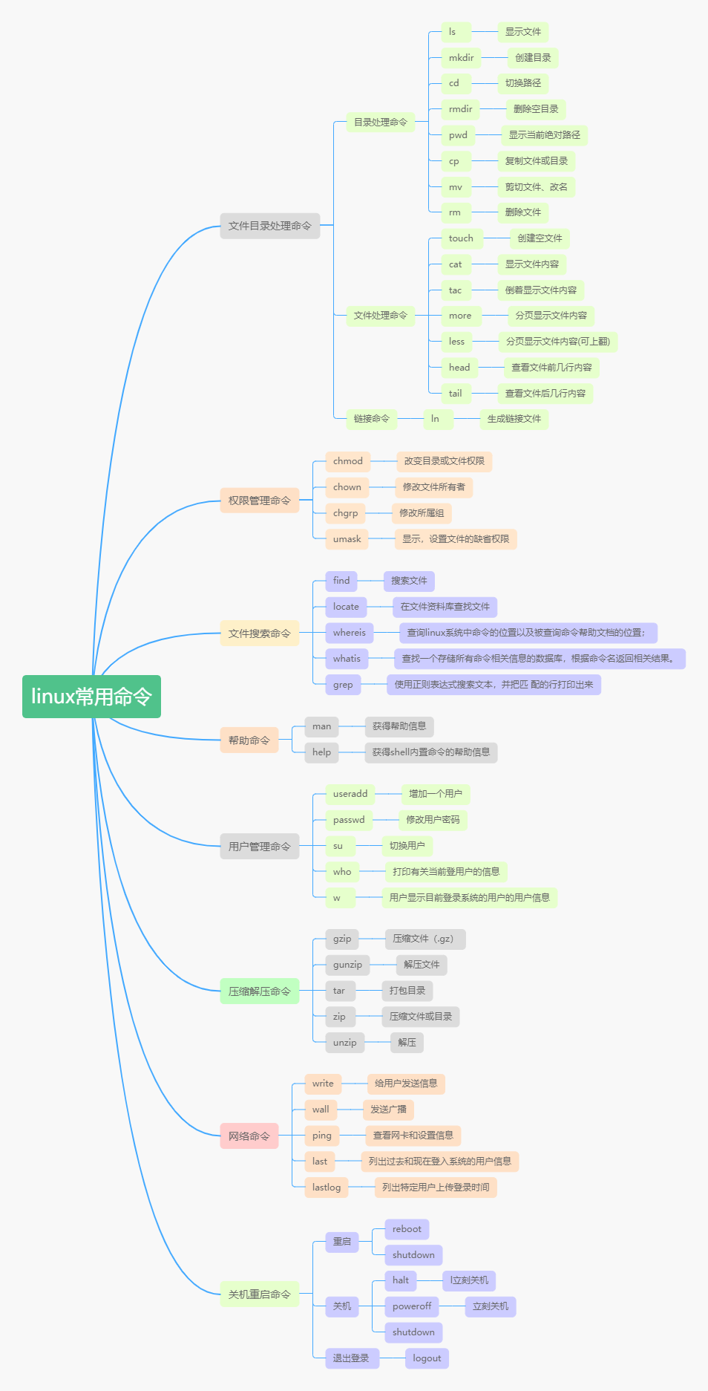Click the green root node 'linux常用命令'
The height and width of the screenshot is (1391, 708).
click(x=91, y=697)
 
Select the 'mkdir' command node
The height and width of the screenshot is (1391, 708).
click(x=461, y=58)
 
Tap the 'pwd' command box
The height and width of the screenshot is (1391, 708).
click(x=458, y=135)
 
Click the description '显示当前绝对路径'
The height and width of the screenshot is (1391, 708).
click(x=544, y=135)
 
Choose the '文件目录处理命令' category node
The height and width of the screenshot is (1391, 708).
click(x=269, y=226)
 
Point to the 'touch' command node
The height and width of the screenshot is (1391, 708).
click(x=461, y=238)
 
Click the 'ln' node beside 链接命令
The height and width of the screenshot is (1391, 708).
click(x=435, y=419)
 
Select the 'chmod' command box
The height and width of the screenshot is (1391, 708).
click(x=347, y=461)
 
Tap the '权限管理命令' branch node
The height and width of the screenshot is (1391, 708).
click(x=259, y=501)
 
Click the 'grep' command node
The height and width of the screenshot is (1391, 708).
click(x=343, y=685)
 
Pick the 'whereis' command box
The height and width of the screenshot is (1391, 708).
click(x=349, y=633)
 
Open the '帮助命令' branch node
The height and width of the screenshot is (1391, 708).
click(x=249, y=740)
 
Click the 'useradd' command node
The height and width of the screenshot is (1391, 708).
click(x=350, y=794)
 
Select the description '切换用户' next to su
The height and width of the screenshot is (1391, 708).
click(x=407, y=846)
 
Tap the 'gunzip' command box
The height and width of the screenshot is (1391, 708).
click(x=347, y=965)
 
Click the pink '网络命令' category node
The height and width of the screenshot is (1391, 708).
click(x=249, y=1136)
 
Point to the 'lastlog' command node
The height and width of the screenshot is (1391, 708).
click(x=326, y=1188)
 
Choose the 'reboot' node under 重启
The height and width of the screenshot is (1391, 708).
click(x=407, y=1229)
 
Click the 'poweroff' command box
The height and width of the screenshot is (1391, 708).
click(x=412, y=1306)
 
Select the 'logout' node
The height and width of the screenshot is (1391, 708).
click(x=427, y=1358)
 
